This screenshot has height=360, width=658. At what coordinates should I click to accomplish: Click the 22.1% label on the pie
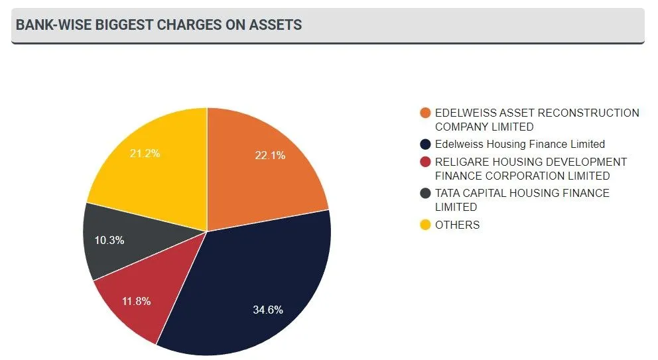pyautogui.click(x=270, y=156)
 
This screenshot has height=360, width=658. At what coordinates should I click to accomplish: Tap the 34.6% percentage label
pyautogui.click(x=268, y=310)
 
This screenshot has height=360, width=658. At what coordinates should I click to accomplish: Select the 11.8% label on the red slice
pyautogui.click(x=136, y=301)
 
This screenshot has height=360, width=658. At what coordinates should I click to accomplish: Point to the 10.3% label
pyautogui.click(x=109, y=240)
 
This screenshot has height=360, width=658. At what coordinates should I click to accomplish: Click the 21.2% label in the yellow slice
pyautogui.click(x=145, y=154)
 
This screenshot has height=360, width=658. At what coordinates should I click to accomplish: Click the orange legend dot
pyautogui.click(x=425, y=113)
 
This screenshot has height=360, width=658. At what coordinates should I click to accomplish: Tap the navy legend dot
pyautogui.click(x=425, y=145)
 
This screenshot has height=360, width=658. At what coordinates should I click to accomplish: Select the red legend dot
pyautogui.click(x=425, y=162)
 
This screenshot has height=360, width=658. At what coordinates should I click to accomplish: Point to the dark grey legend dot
pyautogui.click(x=425, y=194)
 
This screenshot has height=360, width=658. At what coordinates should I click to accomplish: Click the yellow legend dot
pyautogui.click(x=425, y=225)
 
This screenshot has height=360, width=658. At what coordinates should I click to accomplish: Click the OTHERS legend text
pyautogui.click(x=457, y=225)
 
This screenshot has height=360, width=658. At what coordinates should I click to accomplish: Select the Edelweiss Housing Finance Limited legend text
pyautogui.click(x=520, y=145)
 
